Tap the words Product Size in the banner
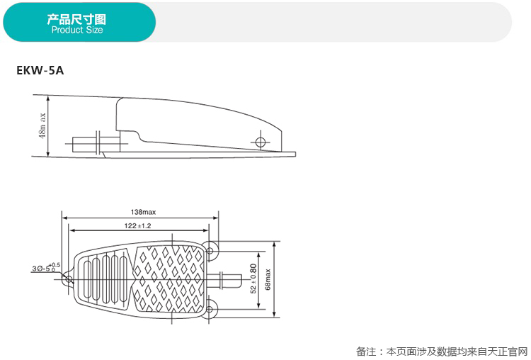point(77,30)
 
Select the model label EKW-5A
point(40,71)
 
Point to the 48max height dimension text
point(43,125)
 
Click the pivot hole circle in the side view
point(261,142)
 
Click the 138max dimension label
point(144,212)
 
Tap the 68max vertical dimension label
point(268,280)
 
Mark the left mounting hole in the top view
point(68,279)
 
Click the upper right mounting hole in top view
point(212,249)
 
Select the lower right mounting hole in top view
point(212,309)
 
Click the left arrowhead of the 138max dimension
point(64,217)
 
